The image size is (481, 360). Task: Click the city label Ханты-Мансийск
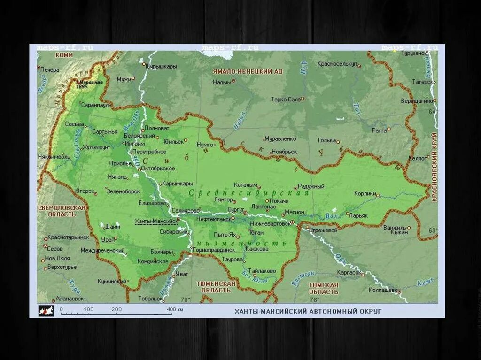coord(155,221)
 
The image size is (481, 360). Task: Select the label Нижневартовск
coord(270,223)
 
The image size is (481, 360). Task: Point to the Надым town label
coord(222,82)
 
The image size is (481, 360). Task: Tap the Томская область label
coord(323,288)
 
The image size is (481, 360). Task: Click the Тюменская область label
coord(216,287)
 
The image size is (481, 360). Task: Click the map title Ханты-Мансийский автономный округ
coord(308,311)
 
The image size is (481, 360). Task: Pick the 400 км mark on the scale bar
coord(174,309)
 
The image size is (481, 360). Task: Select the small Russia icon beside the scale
coord(46,310)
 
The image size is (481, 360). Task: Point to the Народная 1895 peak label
coord(89,84)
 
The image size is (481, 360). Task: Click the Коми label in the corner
coord(64,55)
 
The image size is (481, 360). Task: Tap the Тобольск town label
coord(150,299)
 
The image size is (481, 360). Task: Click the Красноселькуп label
coord(337,63)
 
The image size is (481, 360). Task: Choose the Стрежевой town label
coord(323,230)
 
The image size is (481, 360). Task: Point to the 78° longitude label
coord(314,299)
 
